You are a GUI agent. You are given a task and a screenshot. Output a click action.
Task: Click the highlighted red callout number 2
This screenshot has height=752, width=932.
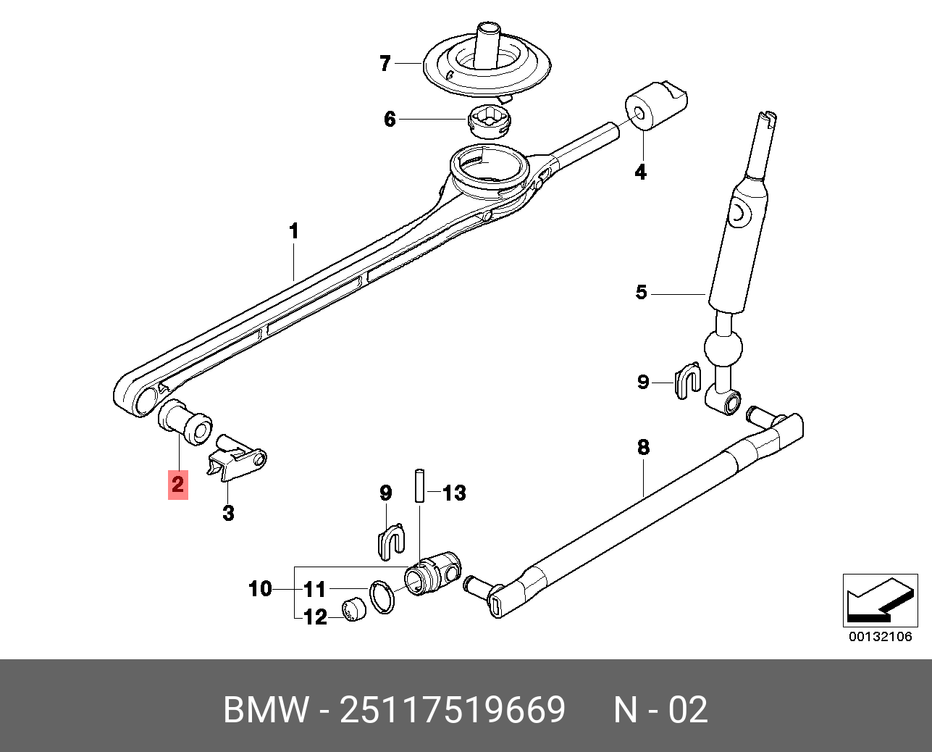(177, 484)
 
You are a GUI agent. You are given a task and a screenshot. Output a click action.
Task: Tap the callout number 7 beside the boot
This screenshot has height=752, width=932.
(385, 64)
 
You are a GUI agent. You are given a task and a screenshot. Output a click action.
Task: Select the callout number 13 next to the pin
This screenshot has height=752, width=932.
(454, 494)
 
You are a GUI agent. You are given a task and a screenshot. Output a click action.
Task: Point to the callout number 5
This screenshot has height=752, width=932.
(641, 293)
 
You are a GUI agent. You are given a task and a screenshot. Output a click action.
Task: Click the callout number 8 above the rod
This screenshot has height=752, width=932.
(643, 448)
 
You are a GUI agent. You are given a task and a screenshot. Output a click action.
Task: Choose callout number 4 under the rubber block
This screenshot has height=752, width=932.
(640, 172)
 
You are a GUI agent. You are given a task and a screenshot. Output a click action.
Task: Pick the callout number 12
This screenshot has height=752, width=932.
(315, 617)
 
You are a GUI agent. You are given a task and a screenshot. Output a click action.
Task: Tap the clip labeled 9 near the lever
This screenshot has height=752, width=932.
(688, 380)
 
